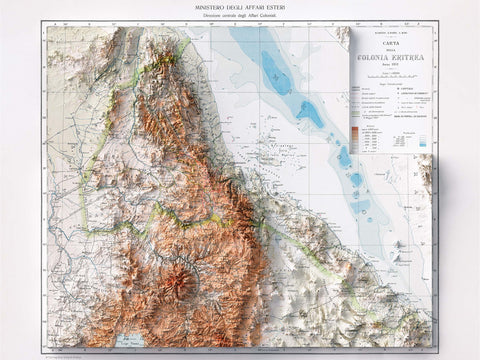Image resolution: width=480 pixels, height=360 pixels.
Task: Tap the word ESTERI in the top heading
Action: pyautogui.click(x=279, y=7)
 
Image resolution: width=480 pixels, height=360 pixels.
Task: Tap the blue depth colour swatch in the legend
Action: pyautogui.click(x=424, y=143)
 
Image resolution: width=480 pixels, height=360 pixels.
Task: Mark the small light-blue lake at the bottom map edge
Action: pyautogui.click(x=129, y=342)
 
